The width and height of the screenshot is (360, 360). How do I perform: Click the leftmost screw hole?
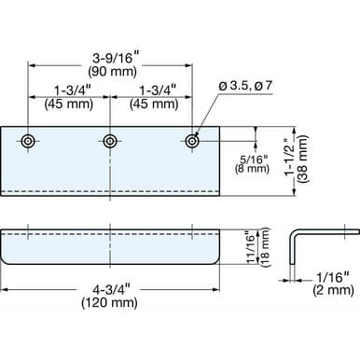(x=28, y=142)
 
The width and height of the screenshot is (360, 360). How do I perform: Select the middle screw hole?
(x=110, y=142)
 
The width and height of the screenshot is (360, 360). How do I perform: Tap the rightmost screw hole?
(x=192, y=142)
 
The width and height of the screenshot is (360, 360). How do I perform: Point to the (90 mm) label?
(x=113, y=72)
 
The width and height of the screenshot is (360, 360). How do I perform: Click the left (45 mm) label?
(x=69, y=104)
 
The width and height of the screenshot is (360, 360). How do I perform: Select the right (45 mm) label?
(x=154, y=104)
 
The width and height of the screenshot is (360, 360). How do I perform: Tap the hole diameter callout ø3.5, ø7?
(x=245, y=86)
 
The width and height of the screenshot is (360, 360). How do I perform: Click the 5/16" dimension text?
(x=254, y=159)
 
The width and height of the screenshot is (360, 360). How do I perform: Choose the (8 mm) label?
(x=252, y=169)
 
